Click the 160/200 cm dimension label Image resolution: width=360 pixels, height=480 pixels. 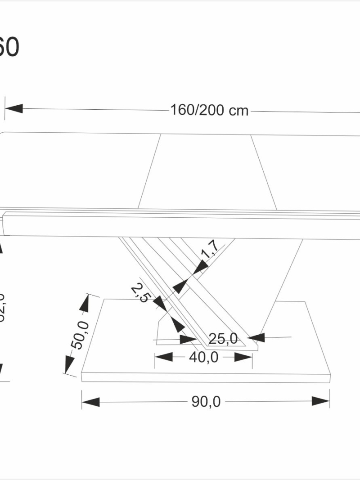click(x=209, y=110)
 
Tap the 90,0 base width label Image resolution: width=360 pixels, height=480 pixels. click(x=206, y=402)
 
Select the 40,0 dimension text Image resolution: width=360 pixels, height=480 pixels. click(x=203, y=357)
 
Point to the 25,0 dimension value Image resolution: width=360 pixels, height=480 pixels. click(x=223, y=339)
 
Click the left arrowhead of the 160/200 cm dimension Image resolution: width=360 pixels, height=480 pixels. click(x=13, y=108)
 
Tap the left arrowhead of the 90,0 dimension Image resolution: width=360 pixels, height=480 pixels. click(x=90, y=401)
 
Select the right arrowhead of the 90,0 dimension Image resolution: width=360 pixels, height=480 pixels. click(x=321, y=401)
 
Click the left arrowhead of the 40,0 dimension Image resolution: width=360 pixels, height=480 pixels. click(x=164, y=357)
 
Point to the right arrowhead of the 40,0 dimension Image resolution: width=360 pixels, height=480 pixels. click(x=243, y=357)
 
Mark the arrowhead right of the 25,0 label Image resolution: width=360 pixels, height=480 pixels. click(x=256, y=337)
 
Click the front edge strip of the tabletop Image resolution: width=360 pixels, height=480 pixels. click(x=180, y=227)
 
